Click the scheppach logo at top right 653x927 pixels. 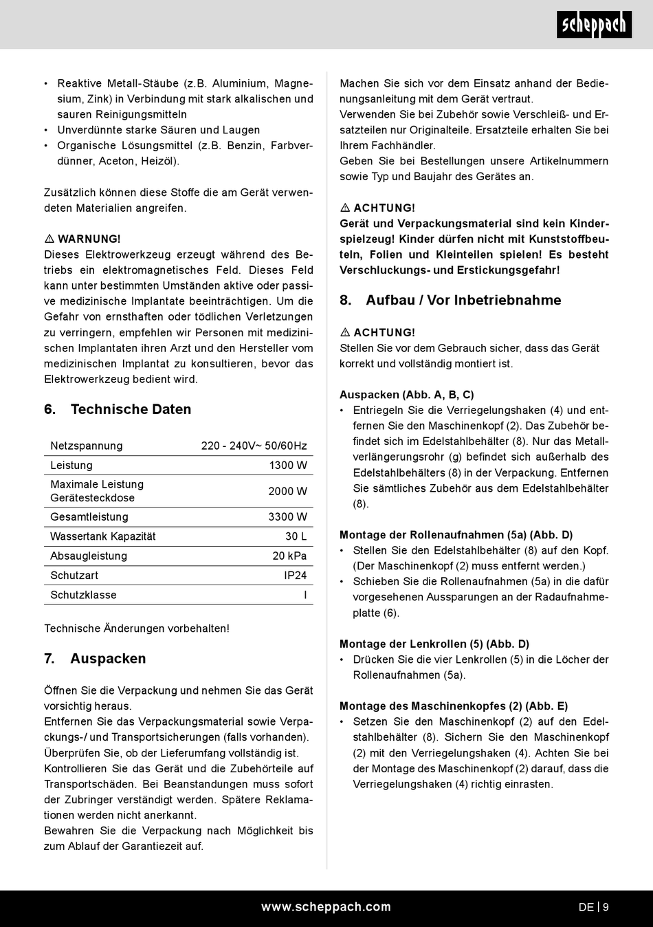pos(594,25)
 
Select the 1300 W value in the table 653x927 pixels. pos(287,466)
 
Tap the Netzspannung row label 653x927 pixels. pos(86,446)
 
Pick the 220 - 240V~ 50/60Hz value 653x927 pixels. pos(254,446)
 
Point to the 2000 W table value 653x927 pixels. pos(287,491)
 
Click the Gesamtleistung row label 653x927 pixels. pos(89,517)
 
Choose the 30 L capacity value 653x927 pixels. pos(296,536)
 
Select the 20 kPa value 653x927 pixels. pos(289,556)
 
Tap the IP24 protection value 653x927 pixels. pos(295,576)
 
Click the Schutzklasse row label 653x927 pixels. pos(83,595)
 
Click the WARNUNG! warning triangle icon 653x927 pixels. pos(49,239)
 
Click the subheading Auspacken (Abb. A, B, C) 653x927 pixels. pos(406,395)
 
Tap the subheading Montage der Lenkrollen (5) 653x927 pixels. pos(434,644)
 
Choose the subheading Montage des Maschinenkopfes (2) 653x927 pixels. pos(453,706)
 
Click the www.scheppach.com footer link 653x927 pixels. pos(326,907)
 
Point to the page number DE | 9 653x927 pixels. pos(593,907)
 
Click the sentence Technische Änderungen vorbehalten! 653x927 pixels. pos(137,629)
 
